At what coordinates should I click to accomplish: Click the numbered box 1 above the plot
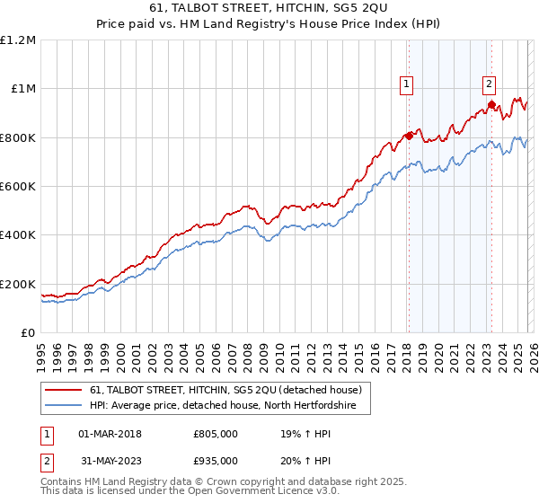point(406,84)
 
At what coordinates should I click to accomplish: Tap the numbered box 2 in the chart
point(489,84)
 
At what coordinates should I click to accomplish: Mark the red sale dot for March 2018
point(408,136)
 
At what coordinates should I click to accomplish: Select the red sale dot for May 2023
point(490,104)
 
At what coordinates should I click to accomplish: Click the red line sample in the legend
point(65,390)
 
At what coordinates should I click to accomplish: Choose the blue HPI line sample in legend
point(65,406)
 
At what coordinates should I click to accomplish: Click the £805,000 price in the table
point(216,434)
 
